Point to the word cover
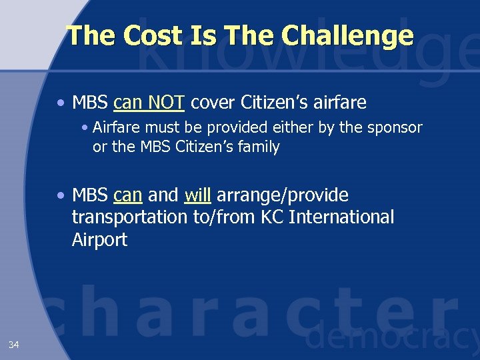point(214,103)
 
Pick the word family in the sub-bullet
point(255,147)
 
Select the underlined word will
point(197,195)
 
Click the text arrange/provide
point(283,195)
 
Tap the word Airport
point(99,240)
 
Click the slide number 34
point(14,345)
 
